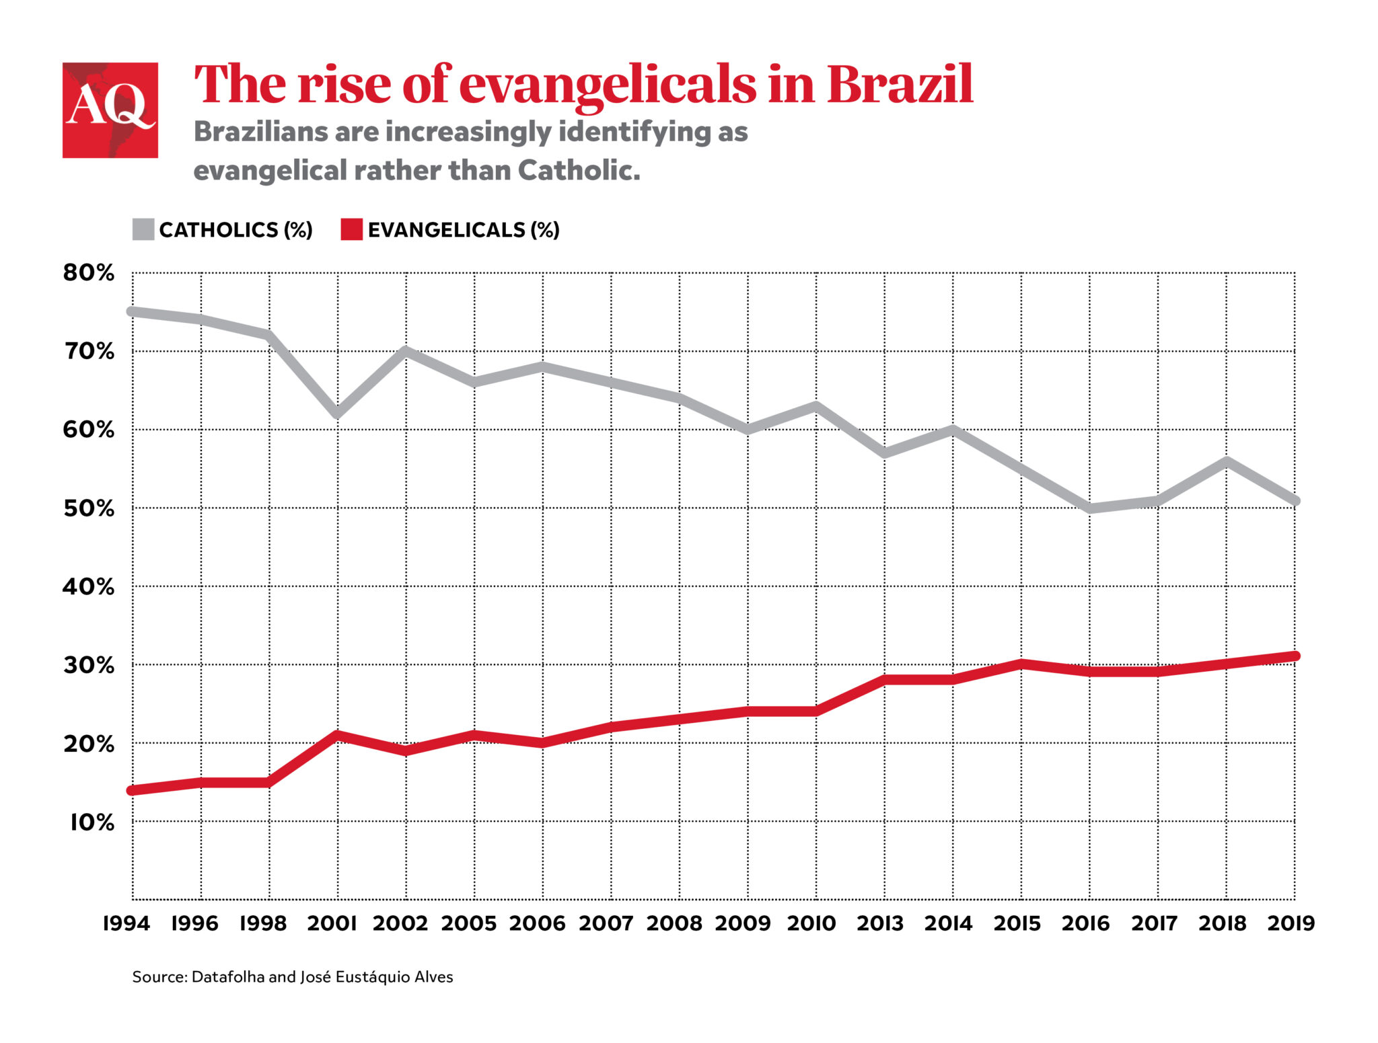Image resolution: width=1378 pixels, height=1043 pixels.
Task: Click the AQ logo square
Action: [x=110, y=110]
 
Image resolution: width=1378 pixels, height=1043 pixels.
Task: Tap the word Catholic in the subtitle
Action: [x=578, y=171]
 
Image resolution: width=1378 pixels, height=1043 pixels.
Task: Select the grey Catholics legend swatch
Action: [x=143, y=229]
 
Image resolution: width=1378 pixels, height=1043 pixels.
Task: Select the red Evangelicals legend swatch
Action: [x=351, y=229]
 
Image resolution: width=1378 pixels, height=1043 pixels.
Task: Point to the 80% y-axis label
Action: [x=89, y=273]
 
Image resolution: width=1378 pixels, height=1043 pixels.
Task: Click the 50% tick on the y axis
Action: [x=89, y=508]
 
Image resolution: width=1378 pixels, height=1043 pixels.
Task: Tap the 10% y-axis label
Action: [x=92, y=822]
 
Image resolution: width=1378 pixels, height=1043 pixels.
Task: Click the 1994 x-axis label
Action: [x=126, y=923]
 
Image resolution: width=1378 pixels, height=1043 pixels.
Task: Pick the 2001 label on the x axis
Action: [x=332, y=923]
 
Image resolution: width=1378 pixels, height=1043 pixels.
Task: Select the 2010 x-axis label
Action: [x=811, y=923]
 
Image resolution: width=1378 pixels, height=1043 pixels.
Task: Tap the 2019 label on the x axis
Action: [x=1291, y=923]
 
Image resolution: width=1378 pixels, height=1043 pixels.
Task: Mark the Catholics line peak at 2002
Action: [x=406, y=350]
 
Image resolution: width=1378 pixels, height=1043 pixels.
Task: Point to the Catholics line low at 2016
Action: [x=1090, y=508]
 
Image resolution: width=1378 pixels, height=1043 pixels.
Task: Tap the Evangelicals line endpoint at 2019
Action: [x=1295, y=656]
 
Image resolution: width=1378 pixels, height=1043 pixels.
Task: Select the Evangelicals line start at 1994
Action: [x=133, y=790]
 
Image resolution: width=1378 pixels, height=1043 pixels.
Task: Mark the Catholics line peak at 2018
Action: [x=1227, y=461]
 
